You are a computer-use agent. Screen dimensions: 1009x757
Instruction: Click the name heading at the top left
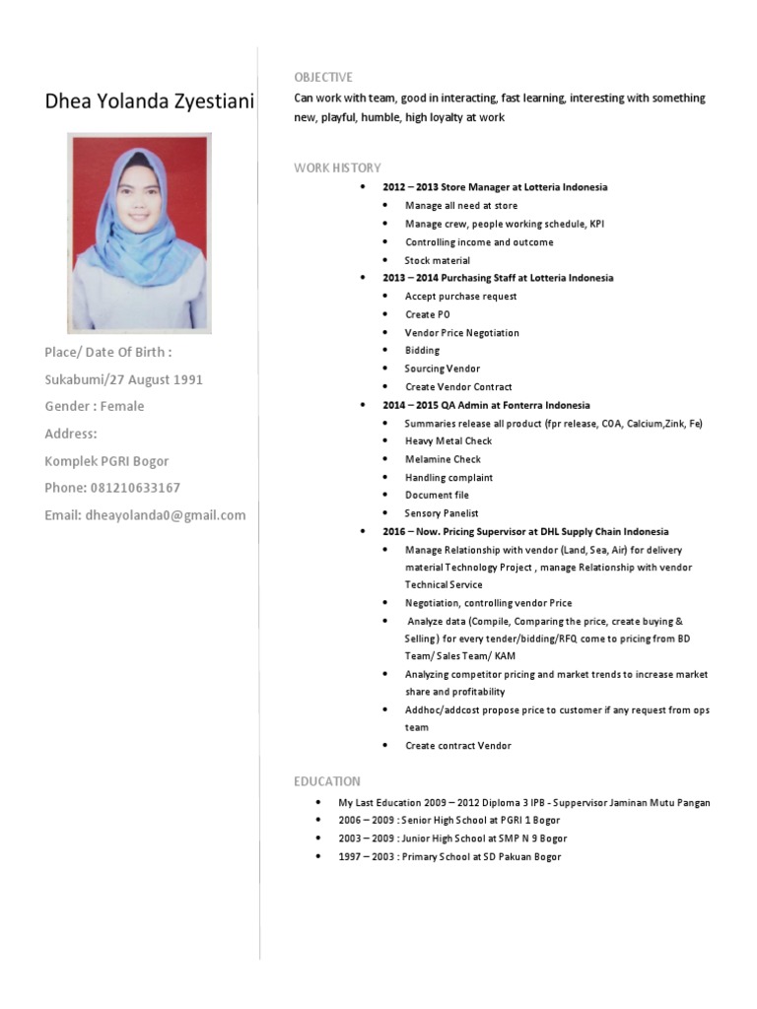149,101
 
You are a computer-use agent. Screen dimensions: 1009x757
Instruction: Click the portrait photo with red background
138,232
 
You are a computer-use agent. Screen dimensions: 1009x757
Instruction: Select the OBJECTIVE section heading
322,78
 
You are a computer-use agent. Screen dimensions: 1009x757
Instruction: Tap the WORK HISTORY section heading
337,168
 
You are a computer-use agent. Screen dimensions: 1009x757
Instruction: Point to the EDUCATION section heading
327,781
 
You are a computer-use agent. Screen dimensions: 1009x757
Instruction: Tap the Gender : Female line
95,406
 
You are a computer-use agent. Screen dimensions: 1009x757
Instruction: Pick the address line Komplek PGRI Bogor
106,461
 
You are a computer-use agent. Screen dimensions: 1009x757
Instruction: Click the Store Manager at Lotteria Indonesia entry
495,187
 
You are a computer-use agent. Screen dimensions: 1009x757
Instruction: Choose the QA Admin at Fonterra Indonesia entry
486,405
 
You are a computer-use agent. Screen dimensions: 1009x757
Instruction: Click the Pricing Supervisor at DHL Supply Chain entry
525,531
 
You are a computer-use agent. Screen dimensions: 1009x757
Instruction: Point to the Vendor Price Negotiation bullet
461,333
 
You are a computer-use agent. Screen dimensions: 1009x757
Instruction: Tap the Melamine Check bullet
443,459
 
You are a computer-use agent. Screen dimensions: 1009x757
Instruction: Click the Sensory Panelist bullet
442,513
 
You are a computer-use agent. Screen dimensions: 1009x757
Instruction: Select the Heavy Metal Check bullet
448,441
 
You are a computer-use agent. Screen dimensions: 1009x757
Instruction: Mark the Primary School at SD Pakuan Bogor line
449,857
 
